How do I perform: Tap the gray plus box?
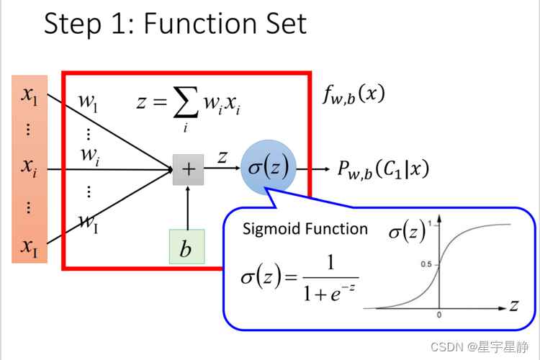188,169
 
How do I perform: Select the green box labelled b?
186,248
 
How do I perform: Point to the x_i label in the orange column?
30,168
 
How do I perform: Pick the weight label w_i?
90,153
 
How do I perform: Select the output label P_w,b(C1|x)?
383,168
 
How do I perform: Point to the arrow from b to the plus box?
187,209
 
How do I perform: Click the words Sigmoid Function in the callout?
305,229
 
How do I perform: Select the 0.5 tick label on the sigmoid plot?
426,265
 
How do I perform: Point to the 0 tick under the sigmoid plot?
438,315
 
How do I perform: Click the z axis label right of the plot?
514,305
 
